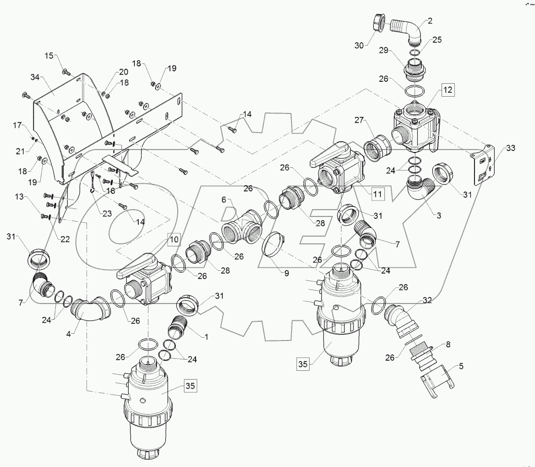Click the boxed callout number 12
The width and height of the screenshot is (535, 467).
coord(448,89)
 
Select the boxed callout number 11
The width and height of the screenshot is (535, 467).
coord(377,194)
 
